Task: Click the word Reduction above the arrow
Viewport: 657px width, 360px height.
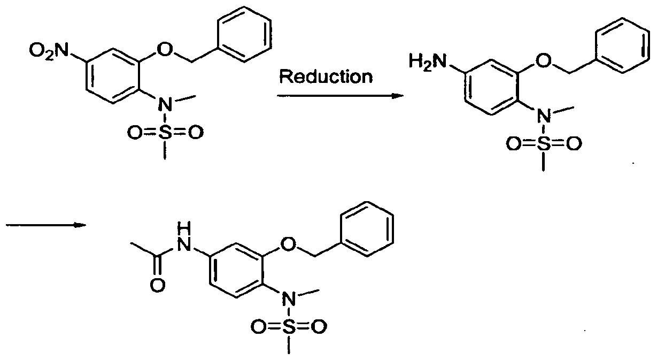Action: click(326, 76)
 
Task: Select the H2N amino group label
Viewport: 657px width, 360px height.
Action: click(428, 62)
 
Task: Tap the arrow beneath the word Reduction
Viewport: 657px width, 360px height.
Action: click(340, 96)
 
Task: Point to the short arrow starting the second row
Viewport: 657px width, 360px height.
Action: click(46, 225)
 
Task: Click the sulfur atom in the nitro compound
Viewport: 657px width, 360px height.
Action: click(165, 133)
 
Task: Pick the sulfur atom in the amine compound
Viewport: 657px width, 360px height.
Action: click(544, 144)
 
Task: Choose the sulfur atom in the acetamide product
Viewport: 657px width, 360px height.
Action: click(289, 327)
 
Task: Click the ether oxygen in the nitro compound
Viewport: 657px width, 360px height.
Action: click(164, 50)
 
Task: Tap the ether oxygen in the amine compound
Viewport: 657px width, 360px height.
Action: click(543, 62)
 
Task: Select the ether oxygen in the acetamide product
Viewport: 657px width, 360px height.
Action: click(288, 243)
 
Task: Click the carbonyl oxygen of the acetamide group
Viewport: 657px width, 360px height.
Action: click(158, 285)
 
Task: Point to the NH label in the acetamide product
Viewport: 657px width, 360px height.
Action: click(184, 236)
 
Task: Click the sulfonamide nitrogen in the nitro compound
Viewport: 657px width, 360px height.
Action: click(165, 104)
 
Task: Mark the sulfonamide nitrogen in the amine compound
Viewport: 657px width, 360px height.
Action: click(544, 116)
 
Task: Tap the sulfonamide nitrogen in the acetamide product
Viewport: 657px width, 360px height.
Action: click(289, 298)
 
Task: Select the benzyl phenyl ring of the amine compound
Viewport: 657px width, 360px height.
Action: click(622, 19)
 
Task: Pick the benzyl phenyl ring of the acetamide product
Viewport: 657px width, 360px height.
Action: click(367, 202)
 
